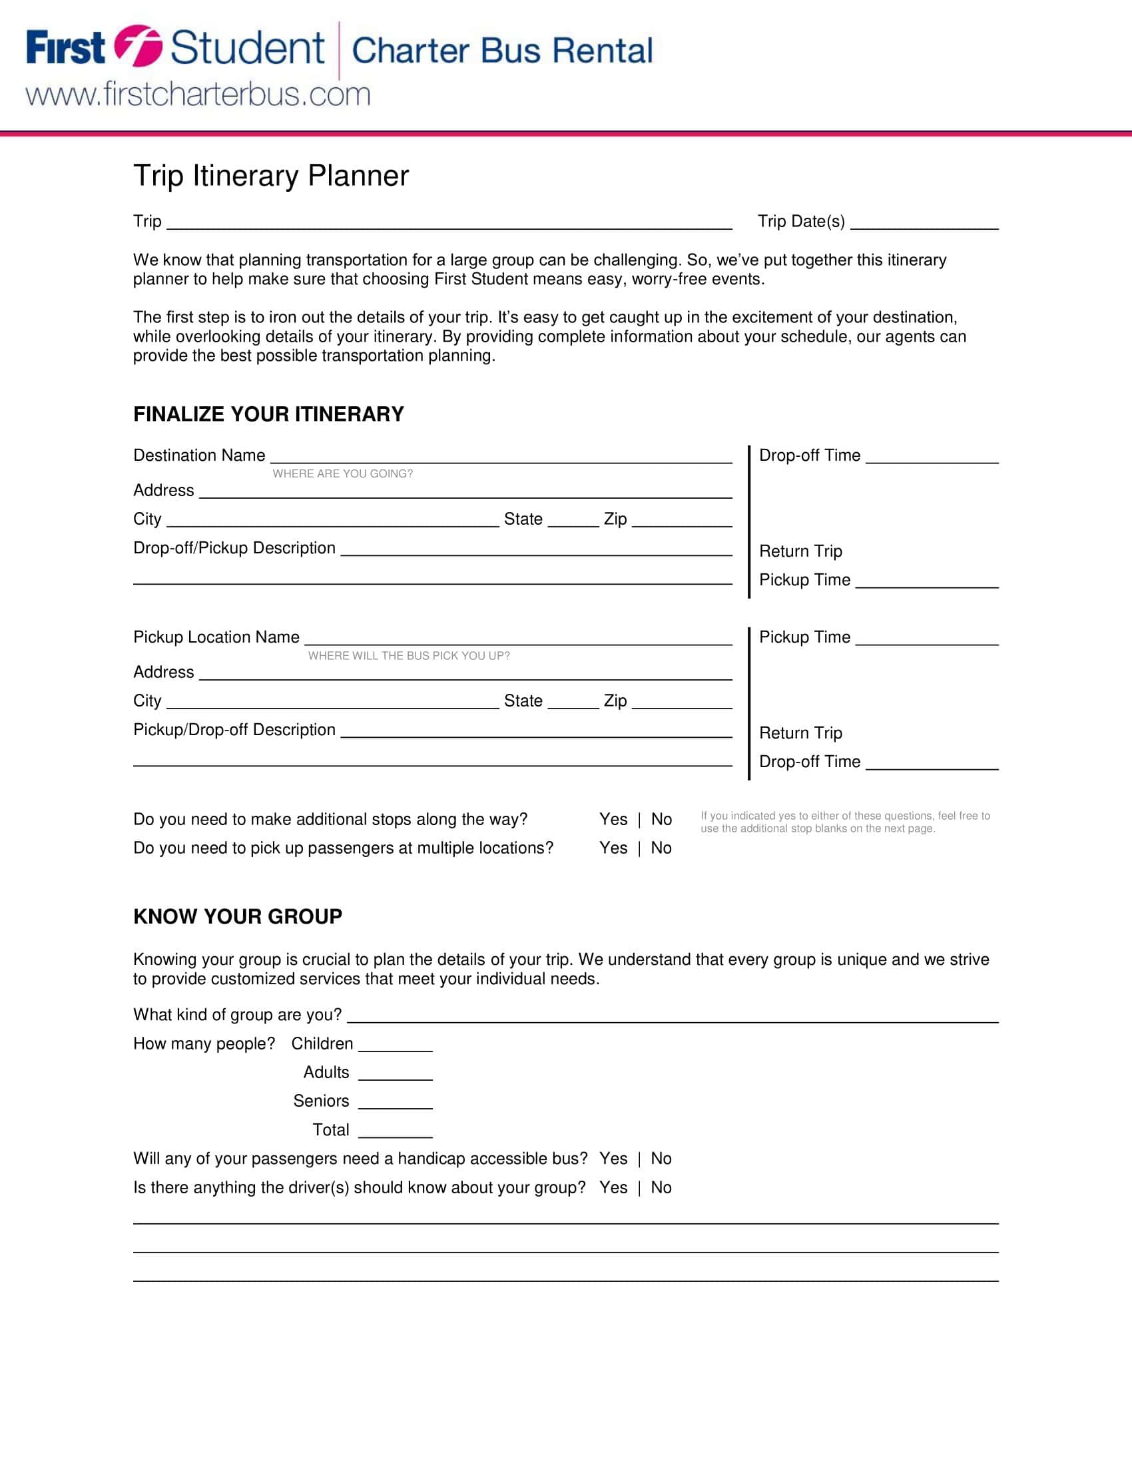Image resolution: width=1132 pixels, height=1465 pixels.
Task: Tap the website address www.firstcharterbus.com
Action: (x=198, y=94)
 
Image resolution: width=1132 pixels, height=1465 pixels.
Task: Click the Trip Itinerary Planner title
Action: (x=271, y=176)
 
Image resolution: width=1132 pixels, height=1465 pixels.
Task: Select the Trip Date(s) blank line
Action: (x=924, y=223)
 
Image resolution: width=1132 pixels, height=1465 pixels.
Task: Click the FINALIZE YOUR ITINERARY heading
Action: (x=268, y=414)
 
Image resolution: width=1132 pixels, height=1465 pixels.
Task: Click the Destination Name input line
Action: (x=500, y=457)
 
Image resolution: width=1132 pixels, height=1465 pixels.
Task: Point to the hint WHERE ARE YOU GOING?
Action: (x=343, y=473)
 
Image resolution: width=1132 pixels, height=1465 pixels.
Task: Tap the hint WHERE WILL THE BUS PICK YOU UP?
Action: (x=409, y=655)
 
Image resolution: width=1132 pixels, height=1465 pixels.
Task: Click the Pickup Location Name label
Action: (x=216, y=637)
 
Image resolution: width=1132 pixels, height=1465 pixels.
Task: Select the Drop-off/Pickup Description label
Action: (x=234, y=548)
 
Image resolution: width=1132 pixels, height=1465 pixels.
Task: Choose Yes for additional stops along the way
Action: (x=613, y=819)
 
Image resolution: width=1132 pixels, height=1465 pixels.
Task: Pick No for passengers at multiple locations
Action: (x=661, y=848)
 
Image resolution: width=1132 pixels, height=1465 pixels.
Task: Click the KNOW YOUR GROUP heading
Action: (x=238, y=916)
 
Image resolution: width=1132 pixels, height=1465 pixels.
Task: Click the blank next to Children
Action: (x=395, y=1045)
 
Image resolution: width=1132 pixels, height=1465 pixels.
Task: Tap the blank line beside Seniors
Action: (x=395, y=1103)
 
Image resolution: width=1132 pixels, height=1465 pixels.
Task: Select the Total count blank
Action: (x=395, y=1131)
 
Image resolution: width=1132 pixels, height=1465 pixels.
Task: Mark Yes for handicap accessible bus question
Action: (x=613, y=1159)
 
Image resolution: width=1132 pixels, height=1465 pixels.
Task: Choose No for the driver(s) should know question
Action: (x=661, y=1187)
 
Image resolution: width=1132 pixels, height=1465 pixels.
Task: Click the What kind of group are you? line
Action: (x=672, y=1017)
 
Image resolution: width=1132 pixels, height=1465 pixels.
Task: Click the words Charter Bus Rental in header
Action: (x=501, y=51)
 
